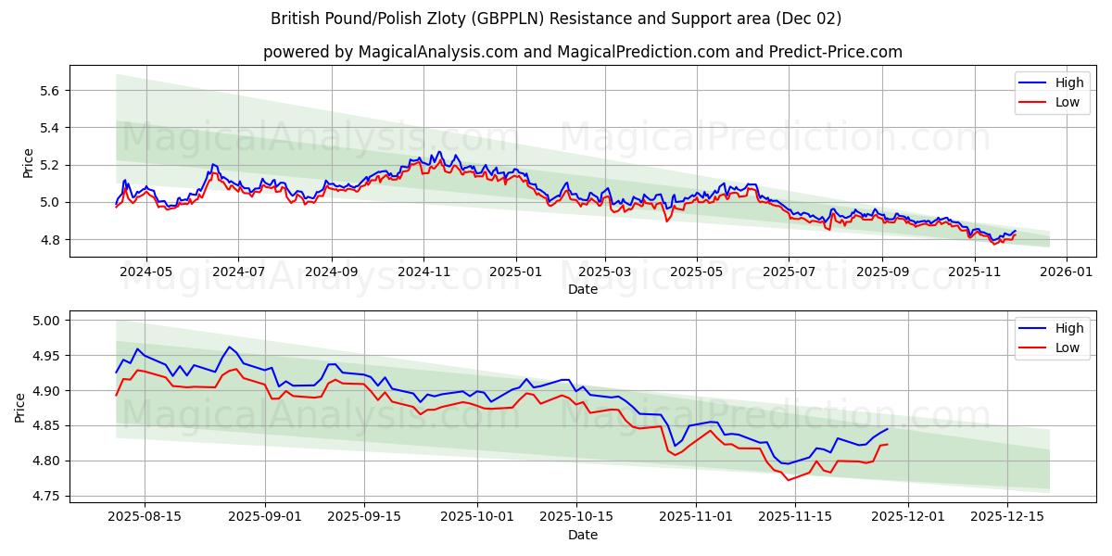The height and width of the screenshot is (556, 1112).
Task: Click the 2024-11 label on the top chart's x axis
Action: pyautogui.click(x=423, y=272)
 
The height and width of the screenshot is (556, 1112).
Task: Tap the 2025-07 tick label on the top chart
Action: pyautogui.click(x=788, y=272)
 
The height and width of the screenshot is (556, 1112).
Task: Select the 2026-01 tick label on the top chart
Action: pyautogui.click(x=1066, y=272)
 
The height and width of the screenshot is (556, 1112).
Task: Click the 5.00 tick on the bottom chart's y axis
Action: pyautogui.click(x=44, y=321)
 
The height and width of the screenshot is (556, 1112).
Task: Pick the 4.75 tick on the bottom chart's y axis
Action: pyautogui.click(x=44, y=497)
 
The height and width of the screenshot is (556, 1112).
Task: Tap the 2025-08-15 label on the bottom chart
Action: pyautogui.click(x=144, y=517)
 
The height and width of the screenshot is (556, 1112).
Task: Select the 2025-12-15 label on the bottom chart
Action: pyautogui.click(x=1005, y=517)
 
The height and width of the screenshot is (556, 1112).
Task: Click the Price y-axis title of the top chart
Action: pyautogui.click(x=28, y=163)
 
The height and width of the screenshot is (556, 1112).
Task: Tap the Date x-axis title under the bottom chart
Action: pyautogui.click(x=582, y=535)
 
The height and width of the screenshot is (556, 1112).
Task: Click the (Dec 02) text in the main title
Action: pyautogui.click(x=809, y=19)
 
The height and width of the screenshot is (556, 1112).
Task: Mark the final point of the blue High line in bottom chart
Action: pyautogui.click(x=887, y=429)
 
